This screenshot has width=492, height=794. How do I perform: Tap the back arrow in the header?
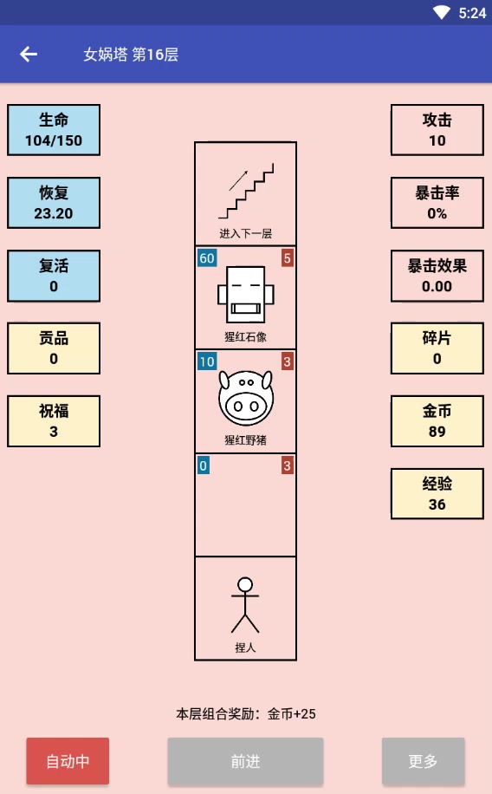click(x=29, y=54)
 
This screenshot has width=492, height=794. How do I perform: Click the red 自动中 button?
click(x=68, y=761)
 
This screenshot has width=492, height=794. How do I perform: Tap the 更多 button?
click(x=423, y=761)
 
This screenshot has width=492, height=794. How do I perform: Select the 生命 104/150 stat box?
click(x=54, y=130)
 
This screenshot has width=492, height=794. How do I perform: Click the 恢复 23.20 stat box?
click(x=54, y=203)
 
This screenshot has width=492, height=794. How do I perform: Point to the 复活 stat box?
click(x=54, y=276)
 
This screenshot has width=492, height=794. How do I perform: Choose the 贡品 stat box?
click(x=54, y=348)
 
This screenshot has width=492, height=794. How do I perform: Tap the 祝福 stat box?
click(x=54, y=421)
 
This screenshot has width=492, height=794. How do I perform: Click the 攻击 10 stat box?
click(x=437, y=130)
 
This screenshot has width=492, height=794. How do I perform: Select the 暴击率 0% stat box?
click(x=437, y=203)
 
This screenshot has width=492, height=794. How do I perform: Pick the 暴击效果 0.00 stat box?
click(x=437, y=276)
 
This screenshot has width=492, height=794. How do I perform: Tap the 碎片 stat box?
click(x=437, y=348)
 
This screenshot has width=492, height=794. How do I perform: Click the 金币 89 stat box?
click(x=437, y=421)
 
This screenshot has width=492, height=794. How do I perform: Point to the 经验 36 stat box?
click(x=437, y=494)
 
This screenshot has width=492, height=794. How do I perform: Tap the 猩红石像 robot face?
click(x=245, y=295)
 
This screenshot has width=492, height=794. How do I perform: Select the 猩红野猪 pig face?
click(x=245, y=398)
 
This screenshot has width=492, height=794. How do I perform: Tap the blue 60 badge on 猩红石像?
click(x=207, y=258)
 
